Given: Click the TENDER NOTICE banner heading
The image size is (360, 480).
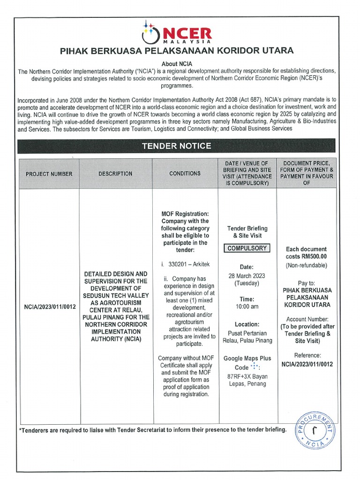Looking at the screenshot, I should [177, 146].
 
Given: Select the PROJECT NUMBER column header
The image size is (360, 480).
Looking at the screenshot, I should [49, 174].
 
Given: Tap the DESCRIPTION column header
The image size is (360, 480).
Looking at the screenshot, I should [115, 173].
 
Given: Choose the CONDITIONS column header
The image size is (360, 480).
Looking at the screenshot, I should [185, 173].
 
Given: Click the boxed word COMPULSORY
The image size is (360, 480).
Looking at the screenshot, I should [247, 248].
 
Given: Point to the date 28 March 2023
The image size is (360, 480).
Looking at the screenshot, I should [247, 275].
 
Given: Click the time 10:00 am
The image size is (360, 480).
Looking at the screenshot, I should [247, 307].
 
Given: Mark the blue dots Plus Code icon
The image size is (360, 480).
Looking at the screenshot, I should [254, 366].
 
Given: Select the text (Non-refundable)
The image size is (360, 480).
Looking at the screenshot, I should [307, 266].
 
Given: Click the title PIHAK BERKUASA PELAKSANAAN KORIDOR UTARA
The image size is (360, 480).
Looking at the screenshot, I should [177, 51].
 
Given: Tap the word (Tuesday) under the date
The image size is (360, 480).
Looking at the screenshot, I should [247, 283].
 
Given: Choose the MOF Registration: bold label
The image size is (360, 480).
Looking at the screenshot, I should [185, 214].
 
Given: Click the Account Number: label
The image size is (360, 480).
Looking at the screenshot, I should [307, 319].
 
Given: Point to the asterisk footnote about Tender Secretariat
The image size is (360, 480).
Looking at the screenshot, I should [152, 429].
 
